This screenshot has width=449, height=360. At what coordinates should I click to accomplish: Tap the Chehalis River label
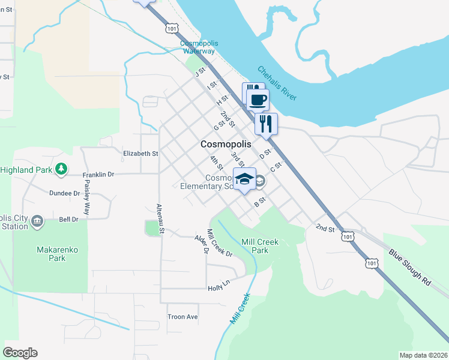pos(277,83)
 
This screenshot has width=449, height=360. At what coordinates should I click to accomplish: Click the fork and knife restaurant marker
pos(266,124)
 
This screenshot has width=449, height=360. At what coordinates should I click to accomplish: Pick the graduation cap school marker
pos(244,179)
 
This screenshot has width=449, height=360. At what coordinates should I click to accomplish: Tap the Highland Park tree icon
pos(61,170)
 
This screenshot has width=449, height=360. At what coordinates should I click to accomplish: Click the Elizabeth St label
pos(140,154)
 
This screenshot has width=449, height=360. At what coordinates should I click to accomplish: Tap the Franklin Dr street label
pos(98,175)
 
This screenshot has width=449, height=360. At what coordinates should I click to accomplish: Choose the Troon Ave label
pos(182,317)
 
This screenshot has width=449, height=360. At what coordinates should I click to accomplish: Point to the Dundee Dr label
pos(64,193)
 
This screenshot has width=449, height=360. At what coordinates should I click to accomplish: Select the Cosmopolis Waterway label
pos(197,47)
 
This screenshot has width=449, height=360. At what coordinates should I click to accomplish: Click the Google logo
pos(20,353)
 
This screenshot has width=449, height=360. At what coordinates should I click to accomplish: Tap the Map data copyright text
pos(423,355)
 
